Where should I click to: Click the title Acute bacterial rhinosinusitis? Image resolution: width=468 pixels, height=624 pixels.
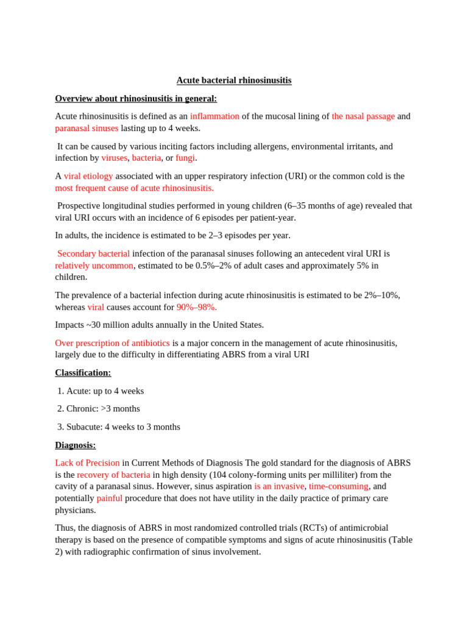tap(234, 80)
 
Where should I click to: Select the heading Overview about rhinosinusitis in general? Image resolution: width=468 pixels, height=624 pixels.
tap(136, 99)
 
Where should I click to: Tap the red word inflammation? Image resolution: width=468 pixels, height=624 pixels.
tap(214, 116)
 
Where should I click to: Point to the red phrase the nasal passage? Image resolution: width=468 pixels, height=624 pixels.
tap(363, 116)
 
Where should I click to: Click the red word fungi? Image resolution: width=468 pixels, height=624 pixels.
tap(185, 158)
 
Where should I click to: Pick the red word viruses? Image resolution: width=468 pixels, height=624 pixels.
tap(114, 158)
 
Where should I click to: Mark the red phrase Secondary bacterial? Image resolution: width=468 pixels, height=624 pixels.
tap(93, 253)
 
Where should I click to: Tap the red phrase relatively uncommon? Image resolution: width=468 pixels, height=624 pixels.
tap(94, 266)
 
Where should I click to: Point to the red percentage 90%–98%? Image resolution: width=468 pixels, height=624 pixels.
tap(196, 307)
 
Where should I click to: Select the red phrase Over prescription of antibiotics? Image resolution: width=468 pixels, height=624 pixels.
tap(112, 343)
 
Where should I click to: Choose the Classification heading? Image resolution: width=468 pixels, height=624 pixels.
tap(83, 373)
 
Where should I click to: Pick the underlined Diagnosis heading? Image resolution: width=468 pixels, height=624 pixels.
tap(76, 445)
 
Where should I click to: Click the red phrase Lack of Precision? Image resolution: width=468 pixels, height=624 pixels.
tap(87, 463)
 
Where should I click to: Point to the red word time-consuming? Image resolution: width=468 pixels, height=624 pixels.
tap(338, 486)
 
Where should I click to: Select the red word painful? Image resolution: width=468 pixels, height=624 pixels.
tap(109, 498)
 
